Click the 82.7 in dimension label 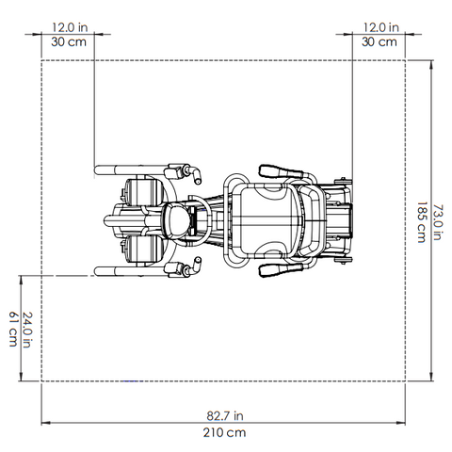click(x=225, y=415)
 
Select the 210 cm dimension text click(x=224, y=432)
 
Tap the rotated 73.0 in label click(x=438, y=222)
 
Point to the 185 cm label click(x=422, y=222)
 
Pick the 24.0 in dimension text click(x=27, y=330)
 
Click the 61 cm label click(x=13, y=329)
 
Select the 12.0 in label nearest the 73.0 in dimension click(x=380, y=27)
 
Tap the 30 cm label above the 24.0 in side click(x=69, y=41)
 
